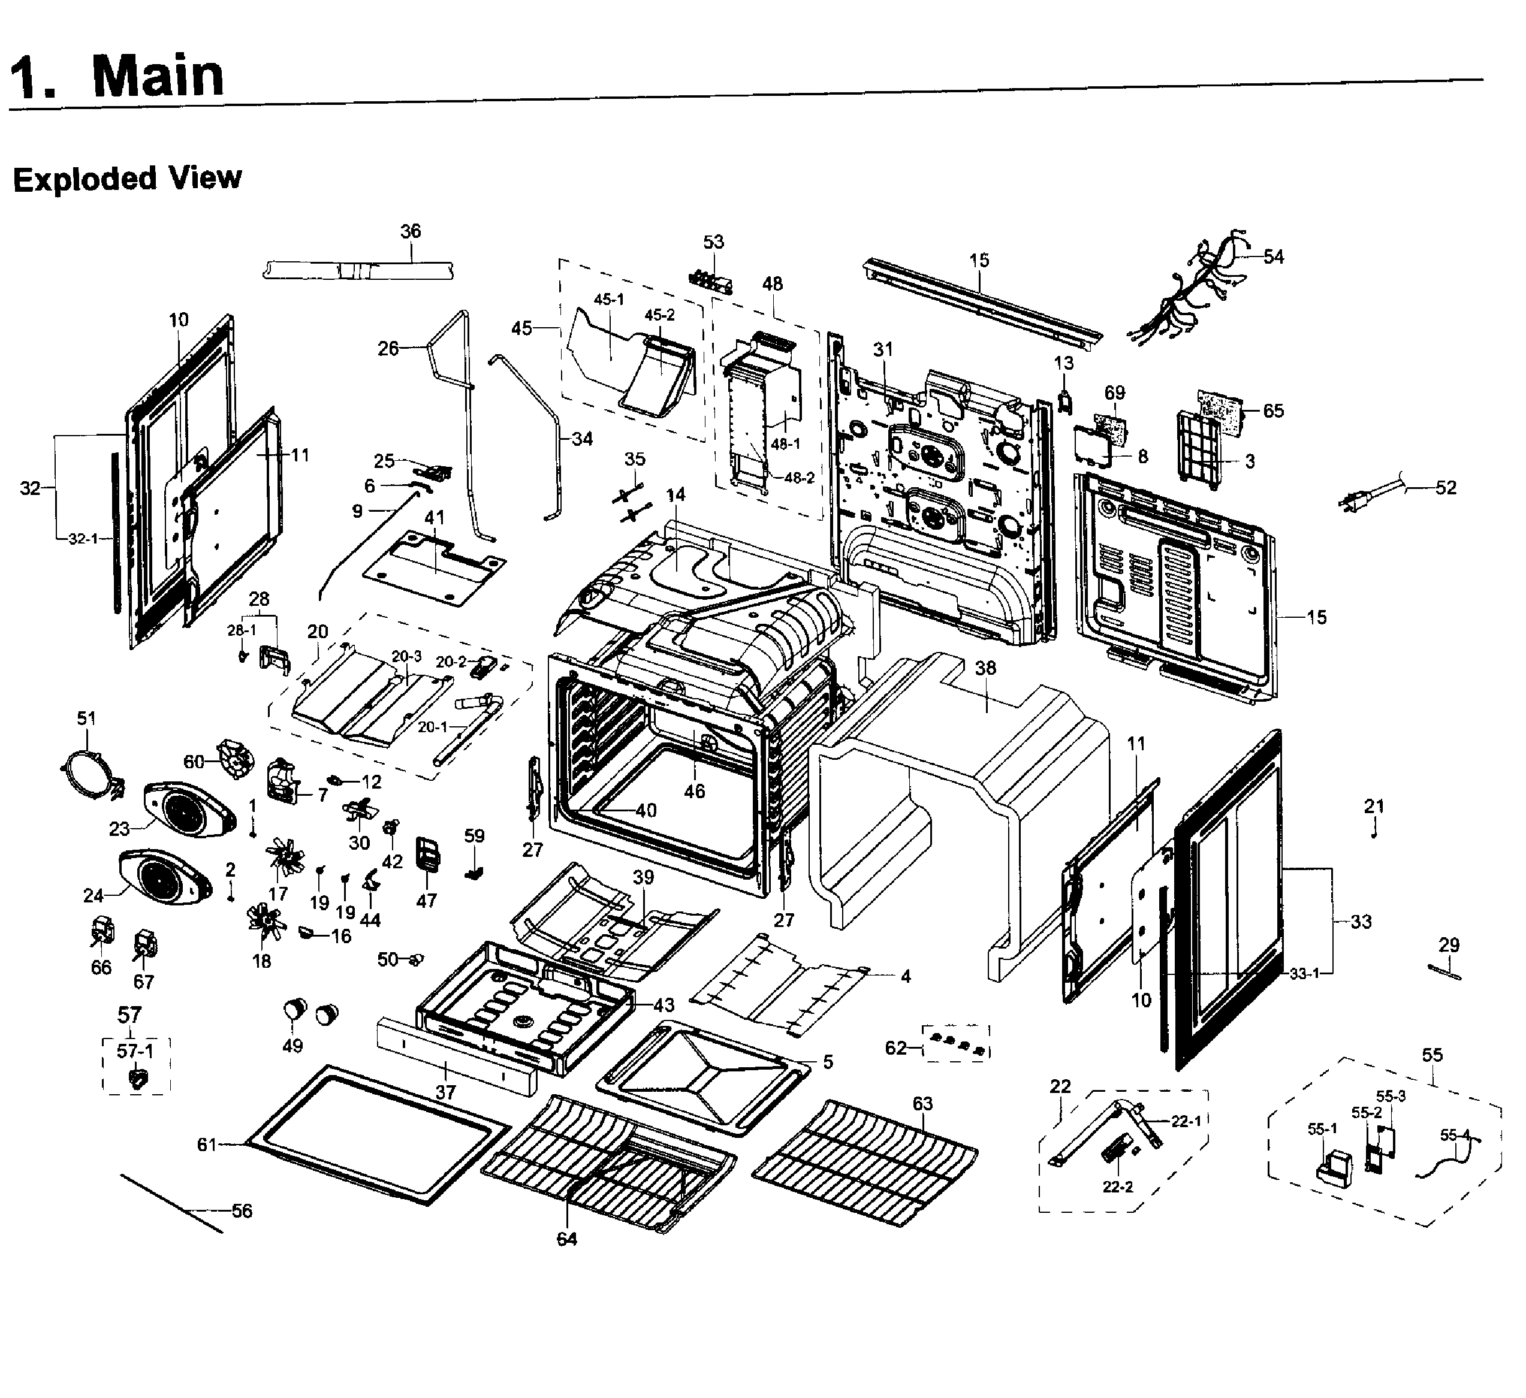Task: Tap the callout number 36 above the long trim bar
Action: (x=410, y=231)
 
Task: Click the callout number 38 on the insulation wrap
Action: (x=985, y=668)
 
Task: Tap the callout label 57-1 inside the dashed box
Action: (x=135, y=1050)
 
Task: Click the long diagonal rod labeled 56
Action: (x=171, y=1203)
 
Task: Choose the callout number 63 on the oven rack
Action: (x=922, y=1104)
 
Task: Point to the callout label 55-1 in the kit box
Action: (x=1322, y=1128)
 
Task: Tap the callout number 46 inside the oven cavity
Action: (x=694, y=791)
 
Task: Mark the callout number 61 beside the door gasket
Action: (x=207, y=1145)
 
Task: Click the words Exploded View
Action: (x=127, y=179)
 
